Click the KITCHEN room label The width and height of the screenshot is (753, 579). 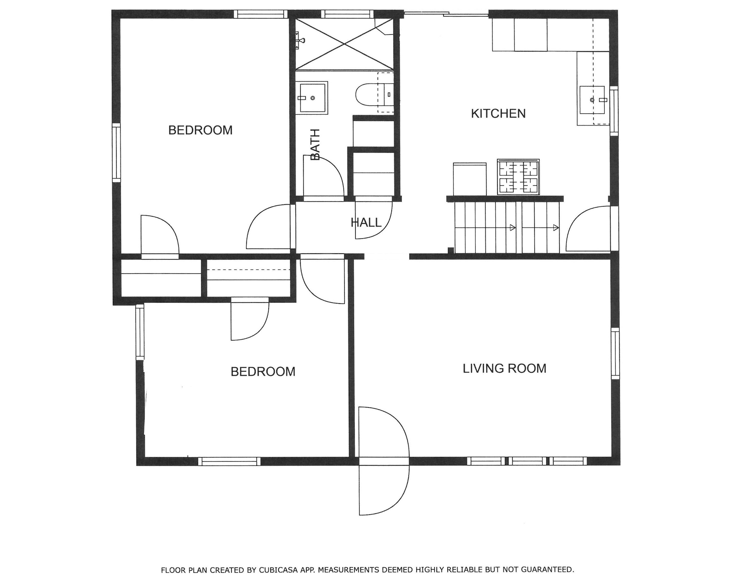[x=498, y=113]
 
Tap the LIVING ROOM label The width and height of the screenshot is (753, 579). [x=504, y=368]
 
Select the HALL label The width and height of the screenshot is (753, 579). [x=366, y=222]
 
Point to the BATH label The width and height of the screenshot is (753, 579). [x=315, y=144]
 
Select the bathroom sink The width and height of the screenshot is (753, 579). [x=312, y=98]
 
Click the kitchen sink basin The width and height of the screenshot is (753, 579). [x=592, y=100]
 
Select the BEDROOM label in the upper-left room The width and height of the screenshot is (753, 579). [x=200, y=130]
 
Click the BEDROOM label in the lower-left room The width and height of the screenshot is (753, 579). [x=263, y=371]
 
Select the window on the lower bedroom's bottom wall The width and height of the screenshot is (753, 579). [x=229, y=461]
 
